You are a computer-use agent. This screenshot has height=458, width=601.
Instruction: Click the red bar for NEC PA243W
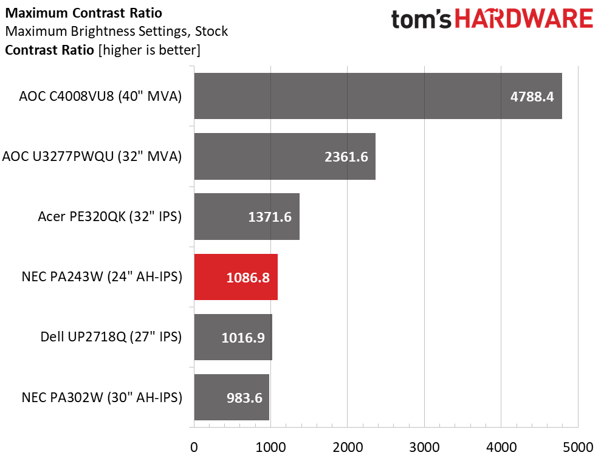point(236,277)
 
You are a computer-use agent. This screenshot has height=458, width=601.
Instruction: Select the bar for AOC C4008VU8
point(378,96)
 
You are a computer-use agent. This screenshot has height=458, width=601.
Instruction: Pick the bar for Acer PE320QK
point(247,216)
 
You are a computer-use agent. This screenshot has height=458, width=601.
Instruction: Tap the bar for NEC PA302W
point(232,397)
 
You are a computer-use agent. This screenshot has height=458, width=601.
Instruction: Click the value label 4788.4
point(532,97)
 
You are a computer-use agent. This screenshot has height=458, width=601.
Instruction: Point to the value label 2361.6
point(346,157)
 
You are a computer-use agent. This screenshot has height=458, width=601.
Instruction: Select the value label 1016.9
point(243,338)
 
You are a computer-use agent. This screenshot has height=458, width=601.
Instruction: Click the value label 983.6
point(244,398)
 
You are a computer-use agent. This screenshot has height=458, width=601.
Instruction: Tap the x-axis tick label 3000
point(424,447)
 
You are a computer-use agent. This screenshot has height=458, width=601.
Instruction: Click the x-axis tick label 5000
point(578,447)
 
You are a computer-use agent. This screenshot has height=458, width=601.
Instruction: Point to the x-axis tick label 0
point(194,447)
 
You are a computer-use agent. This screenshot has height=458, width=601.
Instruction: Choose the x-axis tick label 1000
point(270,447)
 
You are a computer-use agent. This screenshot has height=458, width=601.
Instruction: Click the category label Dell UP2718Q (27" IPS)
point(111,337)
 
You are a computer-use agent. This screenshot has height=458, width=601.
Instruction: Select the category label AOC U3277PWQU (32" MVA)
point(92,156)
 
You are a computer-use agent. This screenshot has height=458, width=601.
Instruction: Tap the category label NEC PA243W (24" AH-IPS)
point(102,277)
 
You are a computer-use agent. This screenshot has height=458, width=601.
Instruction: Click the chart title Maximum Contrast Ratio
point(84,13)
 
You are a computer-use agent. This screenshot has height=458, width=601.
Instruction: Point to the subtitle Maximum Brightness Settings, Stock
point(117,31)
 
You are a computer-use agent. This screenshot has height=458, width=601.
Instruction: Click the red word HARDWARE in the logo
point(524,19)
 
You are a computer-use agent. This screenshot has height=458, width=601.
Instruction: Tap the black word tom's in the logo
point(421,19)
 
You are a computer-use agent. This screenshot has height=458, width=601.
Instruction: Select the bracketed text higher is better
point(149,50)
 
